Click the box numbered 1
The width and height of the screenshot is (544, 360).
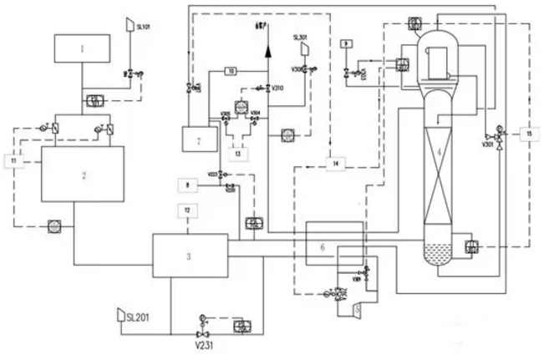[82, 49]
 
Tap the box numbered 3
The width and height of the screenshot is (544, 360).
[188, 255]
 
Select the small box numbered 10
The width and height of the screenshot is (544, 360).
[231, 72]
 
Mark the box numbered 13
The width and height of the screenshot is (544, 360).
[238, 153]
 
